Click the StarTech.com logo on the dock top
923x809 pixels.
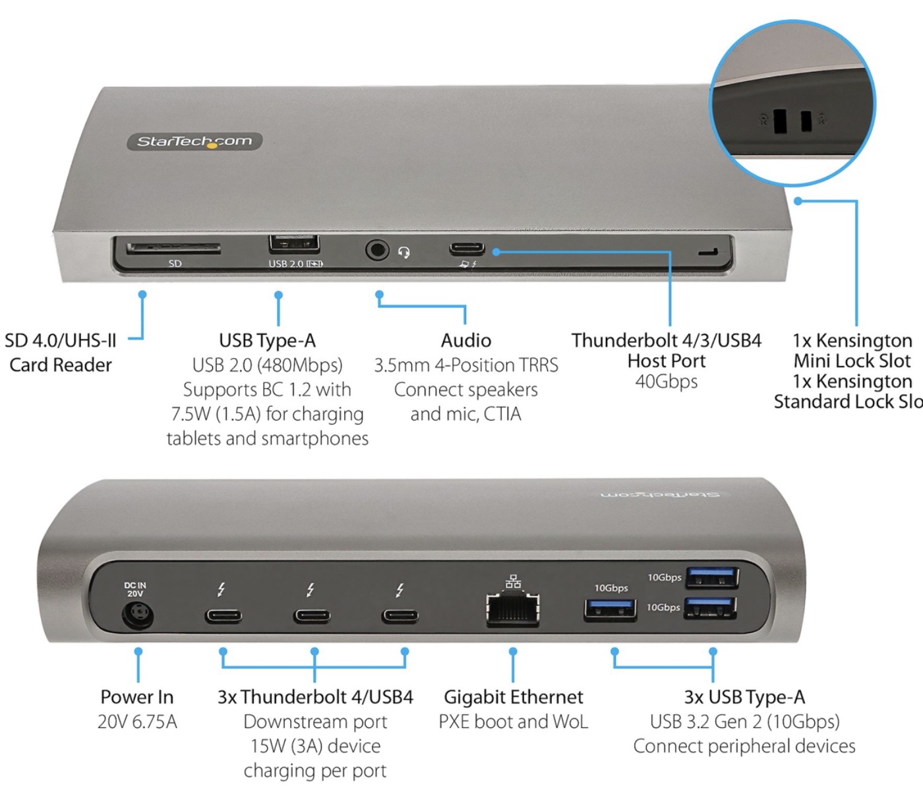tap(194, 141)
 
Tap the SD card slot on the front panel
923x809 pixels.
tap(173, 248)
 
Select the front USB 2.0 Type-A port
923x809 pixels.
tap(294, 244)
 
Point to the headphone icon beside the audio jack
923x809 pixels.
tap(404, 252)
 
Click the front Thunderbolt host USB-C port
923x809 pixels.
tap(467, 249)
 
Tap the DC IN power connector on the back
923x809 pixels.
tap(137, 617)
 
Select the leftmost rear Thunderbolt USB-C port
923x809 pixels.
tap(223, 616)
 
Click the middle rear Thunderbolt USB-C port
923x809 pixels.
tap(312, 616)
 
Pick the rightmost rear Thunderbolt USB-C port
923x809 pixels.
tap(400, 616)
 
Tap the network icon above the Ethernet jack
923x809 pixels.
tap(513, 582)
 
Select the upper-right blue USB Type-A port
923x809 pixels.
tap(712, 577)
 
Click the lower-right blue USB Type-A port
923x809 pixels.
tap(710, 607)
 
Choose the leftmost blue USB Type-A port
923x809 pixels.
tap(610, 610)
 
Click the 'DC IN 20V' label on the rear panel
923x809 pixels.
tap(135, 589)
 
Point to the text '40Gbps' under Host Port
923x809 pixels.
tap(666, 382)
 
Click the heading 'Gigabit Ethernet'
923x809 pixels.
tap(513, 697)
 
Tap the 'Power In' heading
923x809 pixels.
tap(137, 697)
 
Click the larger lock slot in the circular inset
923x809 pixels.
tap(781, 120)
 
